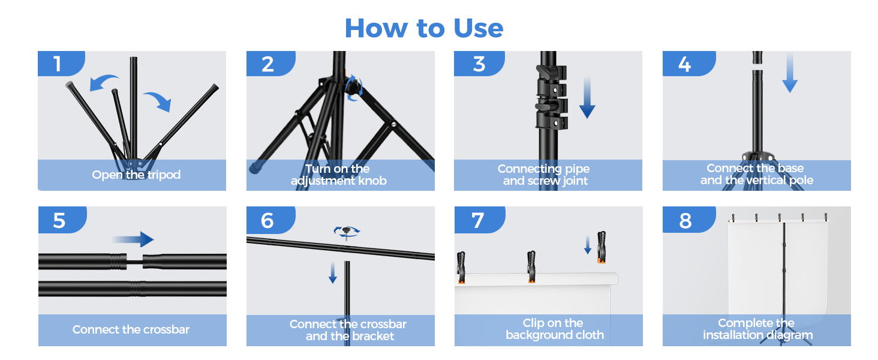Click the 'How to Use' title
coord(424,28)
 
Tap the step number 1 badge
coord(61,64)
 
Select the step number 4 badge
coord(688,64)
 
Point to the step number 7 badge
coord(480,220)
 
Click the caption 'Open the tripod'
coord(136,175)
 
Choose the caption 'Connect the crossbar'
coord(131,329)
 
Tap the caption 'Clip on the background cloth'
coord(554,329)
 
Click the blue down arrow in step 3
coord(587,98)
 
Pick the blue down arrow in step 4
coord(790,73)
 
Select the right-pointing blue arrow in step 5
coord(133,239)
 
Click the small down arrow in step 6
coord(333,272)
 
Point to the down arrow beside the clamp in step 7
coord(588,245)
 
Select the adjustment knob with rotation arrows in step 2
coord(354,88)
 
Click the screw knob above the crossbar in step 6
coord(347,232)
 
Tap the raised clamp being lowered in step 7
coord(602,247)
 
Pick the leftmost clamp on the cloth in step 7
coord(461,268)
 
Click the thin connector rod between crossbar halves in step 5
coord(134,262)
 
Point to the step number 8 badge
coord(688,220)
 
